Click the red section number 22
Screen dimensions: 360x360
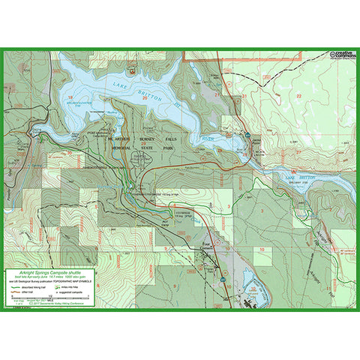[x=298, y=96]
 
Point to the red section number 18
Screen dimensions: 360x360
[x=70, y=97]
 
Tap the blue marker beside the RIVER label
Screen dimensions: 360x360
[x=247, y=133]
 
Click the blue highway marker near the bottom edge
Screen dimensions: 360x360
[x=222, y=279]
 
